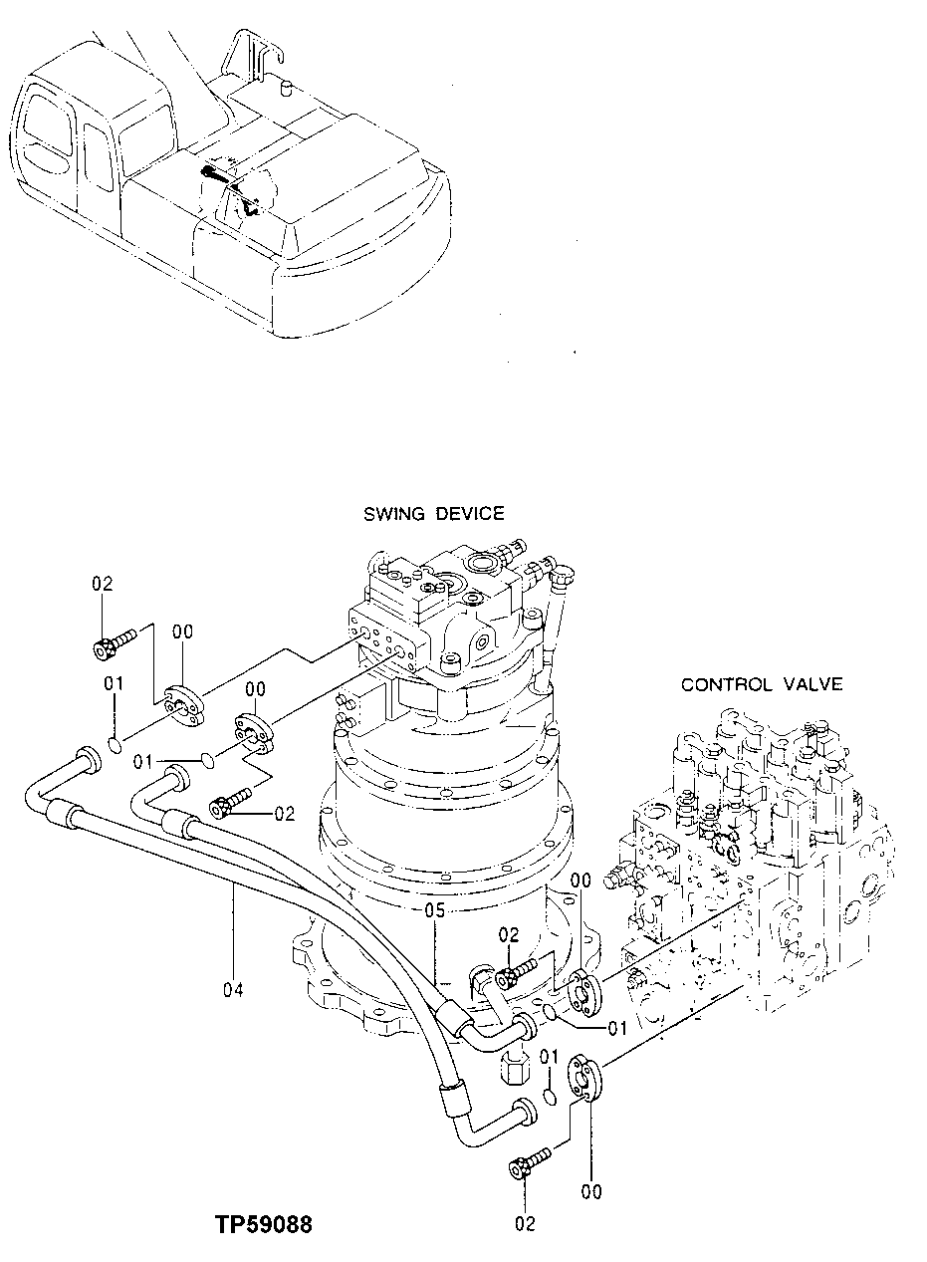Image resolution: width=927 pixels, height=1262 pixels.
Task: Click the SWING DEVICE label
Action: (x=433, y=514)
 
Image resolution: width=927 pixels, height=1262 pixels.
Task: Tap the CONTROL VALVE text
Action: (x=762, y=684)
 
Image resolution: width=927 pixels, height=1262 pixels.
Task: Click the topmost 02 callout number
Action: (x=104, y=584)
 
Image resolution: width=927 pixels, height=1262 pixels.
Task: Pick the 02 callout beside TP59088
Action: (x=526, y=1223)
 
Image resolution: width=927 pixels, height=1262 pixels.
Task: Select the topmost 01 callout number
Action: (x=114, y=683)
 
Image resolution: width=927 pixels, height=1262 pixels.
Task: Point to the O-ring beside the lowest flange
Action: (x=550, y=1098)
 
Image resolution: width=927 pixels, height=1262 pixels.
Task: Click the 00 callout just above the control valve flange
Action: (x=581, y=880)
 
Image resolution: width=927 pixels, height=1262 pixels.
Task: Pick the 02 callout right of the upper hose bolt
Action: (x=285, y=814)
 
